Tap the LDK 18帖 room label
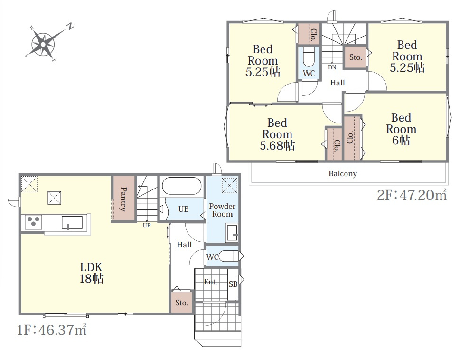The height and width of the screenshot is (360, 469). pyautogui.click(x=91, y=273)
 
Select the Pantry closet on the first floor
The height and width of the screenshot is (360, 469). pyautogui.click(x=123, y=199)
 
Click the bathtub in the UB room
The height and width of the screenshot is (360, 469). pyautogui.click(x=181, y=186)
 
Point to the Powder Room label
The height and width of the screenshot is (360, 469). pyautogui.click(x=222, y=210)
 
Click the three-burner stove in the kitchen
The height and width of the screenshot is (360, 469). pyautogui.click(x=33, y=222)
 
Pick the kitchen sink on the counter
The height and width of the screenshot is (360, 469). pyautogui.click(x=72, y=223)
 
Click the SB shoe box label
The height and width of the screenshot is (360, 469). pyautogui.click(x=233, y=284)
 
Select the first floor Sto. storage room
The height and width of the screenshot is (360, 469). pyautogui.click(x=181, y=303)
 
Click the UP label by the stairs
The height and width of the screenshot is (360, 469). pyautogui.click(x=147, y=225)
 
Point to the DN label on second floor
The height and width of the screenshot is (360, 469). pyautogui.click(x=332, y=67)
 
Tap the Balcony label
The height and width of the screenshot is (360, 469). pyautogui.click(x=342, y=173)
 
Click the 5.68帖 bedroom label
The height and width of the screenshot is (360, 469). pyautogui.click(x=277, y=134)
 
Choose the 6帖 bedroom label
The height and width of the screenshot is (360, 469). pyautogui.click(x=401, y=129)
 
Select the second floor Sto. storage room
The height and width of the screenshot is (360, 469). pyautogui.click(x=356, y=57)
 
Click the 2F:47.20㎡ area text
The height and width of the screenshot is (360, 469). pyautogui.click(x=412, y=195)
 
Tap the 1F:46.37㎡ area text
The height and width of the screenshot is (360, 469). pyautogui.click(x=52, y=330)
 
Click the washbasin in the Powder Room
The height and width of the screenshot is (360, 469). pyautogui.click(x=232, y=232)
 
